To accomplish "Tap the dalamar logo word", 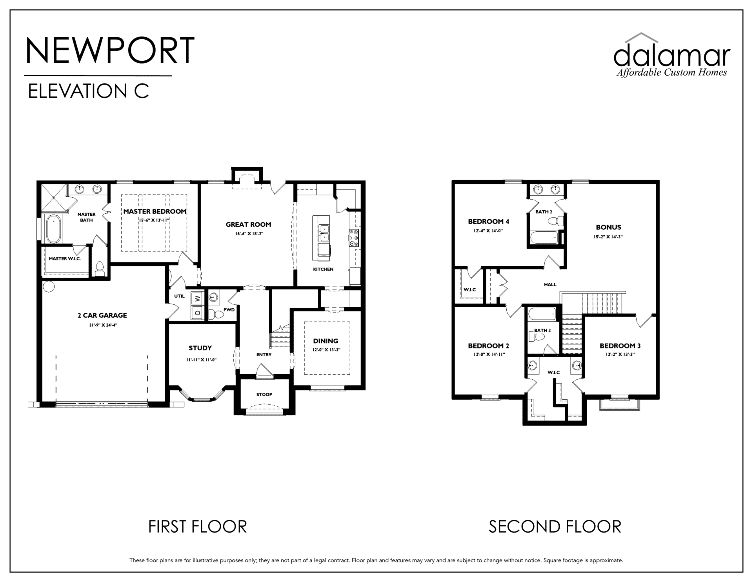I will point(672,56).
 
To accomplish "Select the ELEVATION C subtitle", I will point(88,91).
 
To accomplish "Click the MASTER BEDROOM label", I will point(155,211).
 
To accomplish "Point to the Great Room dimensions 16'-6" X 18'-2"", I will point(248,234).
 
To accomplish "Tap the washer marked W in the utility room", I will point(197,299).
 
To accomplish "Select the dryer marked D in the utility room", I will point(197,313).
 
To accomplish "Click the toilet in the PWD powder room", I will point(215,314).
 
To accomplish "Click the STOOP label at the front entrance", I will point(264,394).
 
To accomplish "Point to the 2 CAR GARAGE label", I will point(102,315).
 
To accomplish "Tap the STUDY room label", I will point(200,348).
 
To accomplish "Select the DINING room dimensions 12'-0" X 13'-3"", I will point(326,349).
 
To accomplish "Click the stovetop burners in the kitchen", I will point(354,238).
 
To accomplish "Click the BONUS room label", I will point(608,227).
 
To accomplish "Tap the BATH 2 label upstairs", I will point(544,212).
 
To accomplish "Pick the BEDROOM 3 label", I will point(620,346).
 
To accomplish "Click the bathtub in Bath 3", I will point(542,314).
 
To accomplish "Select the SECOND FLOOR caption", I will point(555,527).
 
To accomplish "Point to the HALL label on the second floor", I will point(550,284).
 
